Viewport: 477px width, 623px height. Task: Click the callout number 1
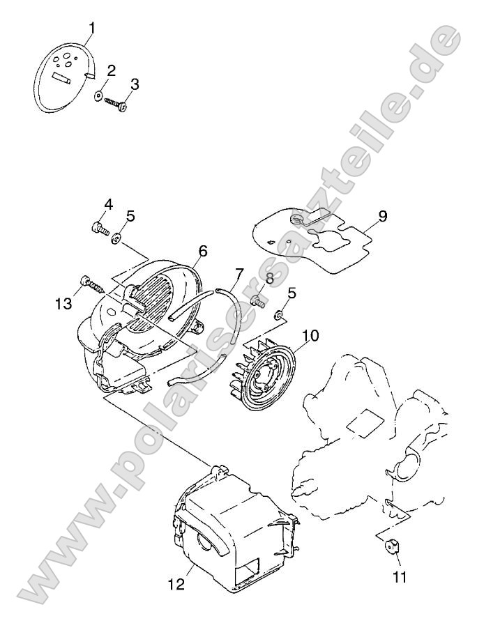pos(92,29)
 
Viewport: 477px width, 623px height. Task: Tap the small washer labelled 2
pos(98,95)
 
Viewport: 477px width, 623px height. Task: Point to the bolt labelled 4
pos(99,229)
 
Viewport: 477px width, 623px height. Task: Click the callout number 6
pos(202,252)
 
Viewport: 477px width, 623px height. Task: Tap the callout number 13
pos(64,304)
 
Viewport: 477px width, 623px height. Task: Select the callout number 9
pos(382,217)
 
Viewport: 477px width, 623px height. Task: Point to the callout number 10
pos(310,336)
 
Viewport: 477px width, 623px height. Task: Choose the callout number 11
pos(400,577)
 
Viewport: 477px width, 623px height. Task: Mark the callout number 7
pos(239,275)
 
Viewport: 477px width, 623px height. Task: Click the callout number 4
pos(109,205)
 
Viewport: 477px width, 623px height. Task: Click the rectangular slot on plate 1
pos(62,79)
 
